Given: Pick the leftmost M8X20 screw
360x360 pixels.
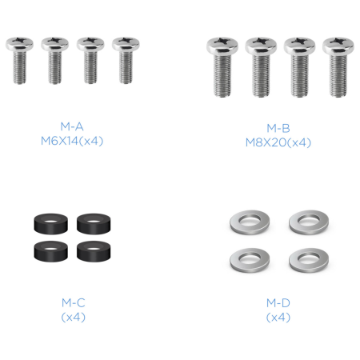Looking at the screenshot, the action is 222,67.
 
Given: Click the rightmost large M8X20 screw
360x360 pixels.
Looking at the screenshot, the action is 338,67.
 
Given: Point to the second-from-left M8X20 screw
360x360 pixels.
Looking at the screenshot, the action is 261,67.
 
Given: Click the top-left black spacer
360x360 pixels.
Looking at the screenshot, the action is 50,224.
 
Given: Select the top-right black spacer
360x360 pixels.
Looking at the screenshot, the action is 94,224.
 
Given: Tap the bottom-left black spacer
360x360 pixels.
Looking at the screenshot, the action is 50,251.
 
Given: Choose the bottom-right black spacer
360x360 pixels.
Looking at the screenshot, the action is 94,251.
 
